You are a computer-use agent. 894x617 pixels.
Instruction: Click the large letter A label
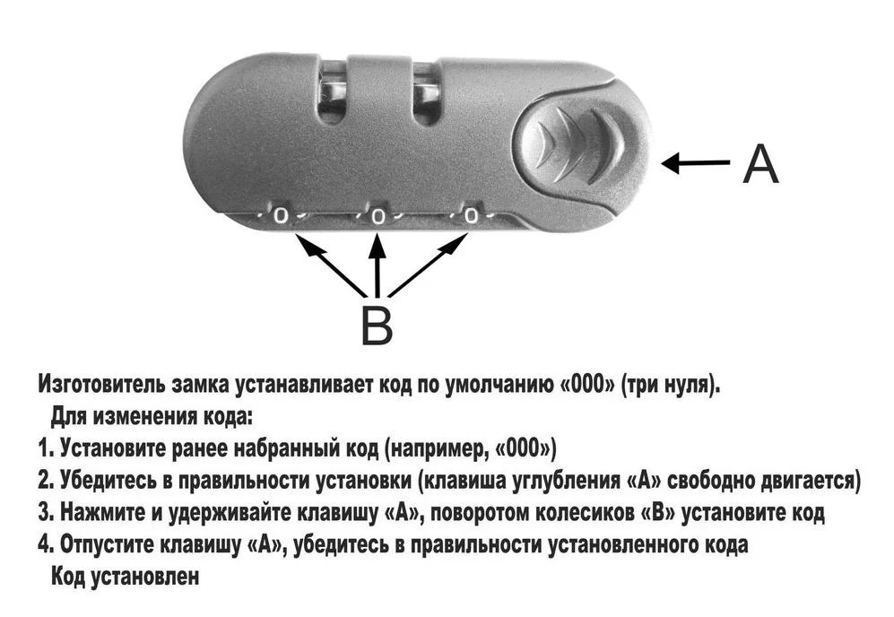coord(760,163)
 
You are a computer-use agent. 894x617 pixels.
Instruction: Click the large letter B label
coord(377,324)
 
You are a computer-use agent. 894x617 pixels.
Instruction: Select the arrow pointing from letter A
coord(695,163)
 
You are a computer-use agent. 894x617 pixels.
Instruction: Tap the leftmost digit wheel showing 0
coord(281,215)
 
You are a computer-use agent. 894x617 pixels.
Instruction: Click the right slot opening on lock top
coord(426,91)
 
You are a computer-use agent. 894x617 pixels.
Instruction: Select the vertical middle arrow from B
coord(378,265)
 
